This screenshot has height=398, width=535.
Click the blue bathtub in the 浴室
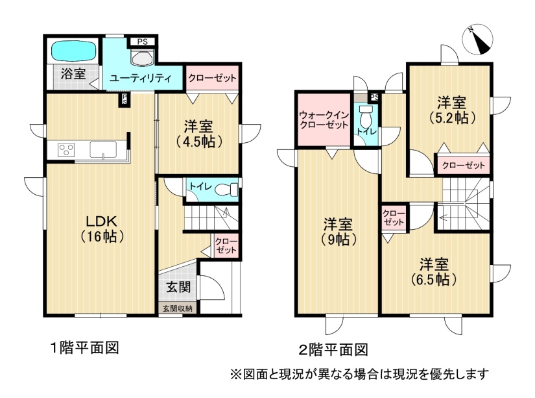[73, 51]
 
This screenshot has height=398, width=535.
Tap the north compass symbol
[478, 40]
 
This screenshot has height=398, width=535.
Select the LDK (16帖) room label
[102, 229]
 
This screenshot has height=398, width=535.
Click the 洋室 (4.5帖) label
[199, 134]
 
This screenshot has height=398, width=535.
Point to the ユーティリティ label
[140, 79]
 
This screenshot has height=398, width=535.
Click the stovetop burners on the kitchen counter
[66, 149]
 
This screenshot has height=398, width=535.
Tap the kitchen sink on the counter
[103, 149]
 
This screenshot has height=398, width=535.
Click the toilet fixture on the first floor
[226, 189]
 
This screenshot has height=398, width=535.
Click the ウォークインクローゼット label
[324, 119]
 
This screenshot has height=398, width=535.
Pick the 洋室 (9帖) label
[339, 232]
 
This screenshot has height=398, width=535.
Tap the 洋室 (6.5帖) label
[434, 272]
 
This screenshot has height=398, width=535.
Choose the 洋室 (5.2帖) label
[452, 110]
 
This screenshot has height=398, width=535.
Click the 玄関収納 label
[178, 308]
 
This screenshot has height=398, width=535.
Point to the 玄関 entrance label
[178, 288]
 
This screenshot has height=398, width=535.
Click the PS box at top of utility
[143, 42]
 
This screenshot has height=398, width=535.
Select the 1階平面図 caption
[84, 348]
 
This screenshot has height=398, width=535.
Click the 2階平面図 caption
[333, 350]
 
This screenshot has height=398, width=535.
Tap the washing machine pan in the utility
[143, 57]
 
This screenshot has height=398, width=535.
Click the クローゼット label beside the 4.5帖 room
[212, 78]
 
